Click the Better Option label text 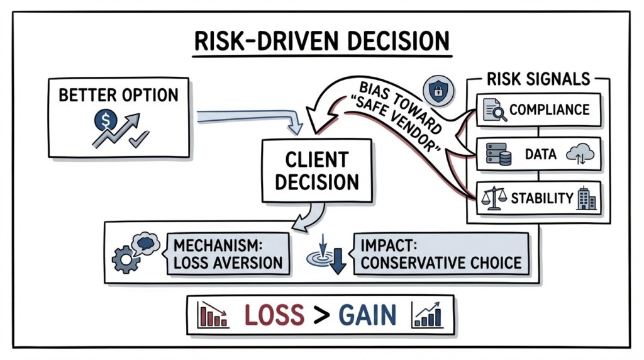(x=118, y=95)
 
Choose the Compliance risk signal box (x=538, y=110)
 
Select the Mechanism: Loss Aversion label (x=229, y=254)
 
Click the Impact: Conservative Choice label (x=441, y=254)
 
